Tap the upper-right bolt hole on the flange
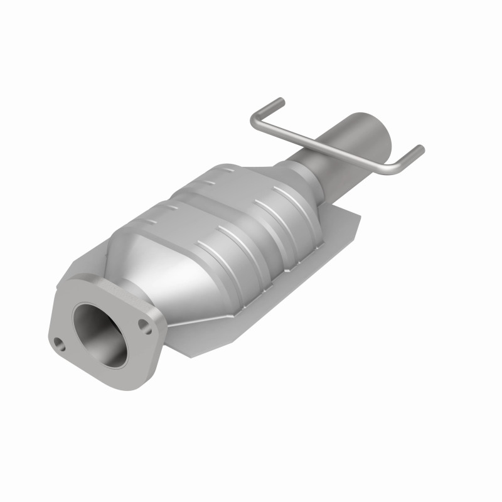(x=145, y=324)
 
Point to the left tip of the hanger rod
(x=279, y=101)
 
